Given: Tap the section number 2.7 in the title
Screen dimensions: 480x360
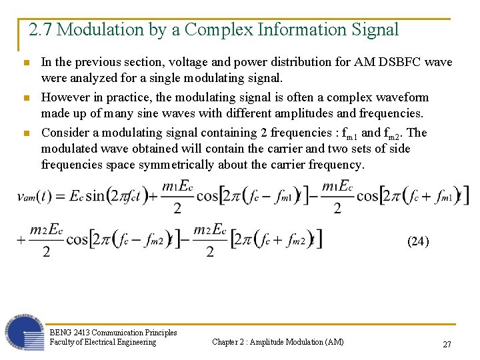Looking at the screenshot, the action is tap(40, 30).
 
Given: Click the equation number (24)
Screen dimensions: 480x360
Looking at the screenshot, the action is tap(418, 241).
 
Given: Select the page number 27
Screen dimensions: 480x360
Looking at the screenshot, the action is tap(447, 344).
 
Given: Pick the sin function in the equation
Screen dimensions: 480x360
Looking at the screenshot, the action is tap(95, 196).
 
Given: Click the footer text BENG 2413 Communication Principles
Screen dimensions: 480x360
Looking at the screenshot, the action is tap(113, 332).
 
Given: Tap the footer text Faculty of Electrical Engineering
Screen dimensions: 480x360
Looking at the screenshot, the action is tap(103, 342).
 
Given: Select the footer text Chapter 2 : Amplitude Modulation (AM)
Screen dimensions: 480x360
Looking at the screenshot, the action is tap(278, 342).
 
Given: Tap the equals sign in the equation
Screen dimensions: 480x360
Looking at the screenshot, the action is tap(60, 196).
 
